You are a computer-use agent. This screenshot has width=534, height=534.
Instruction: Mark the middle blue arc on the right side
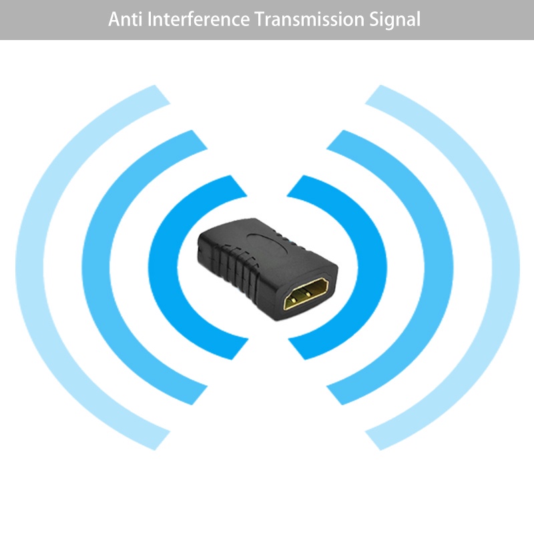coord(440,267)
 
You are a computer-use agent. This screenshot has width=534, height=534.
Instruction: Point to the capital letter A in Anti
coord(114,19)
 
